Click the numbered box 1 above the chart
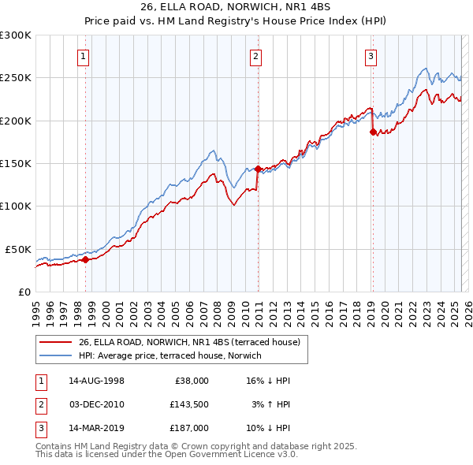pyautogui.click(x=83, y=56)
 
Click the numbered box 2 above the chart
pyautogui.click(x=256, y=56)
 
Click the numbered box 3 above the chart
pyautogui.click(x=371, y=56)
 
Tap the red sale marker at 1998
pyautogui.click(x=85, y=259)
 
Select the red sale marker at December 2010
pyautogui.click(x=258, y=169)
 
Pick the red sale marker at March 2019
pyautogui.click(x=373, y=132)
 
